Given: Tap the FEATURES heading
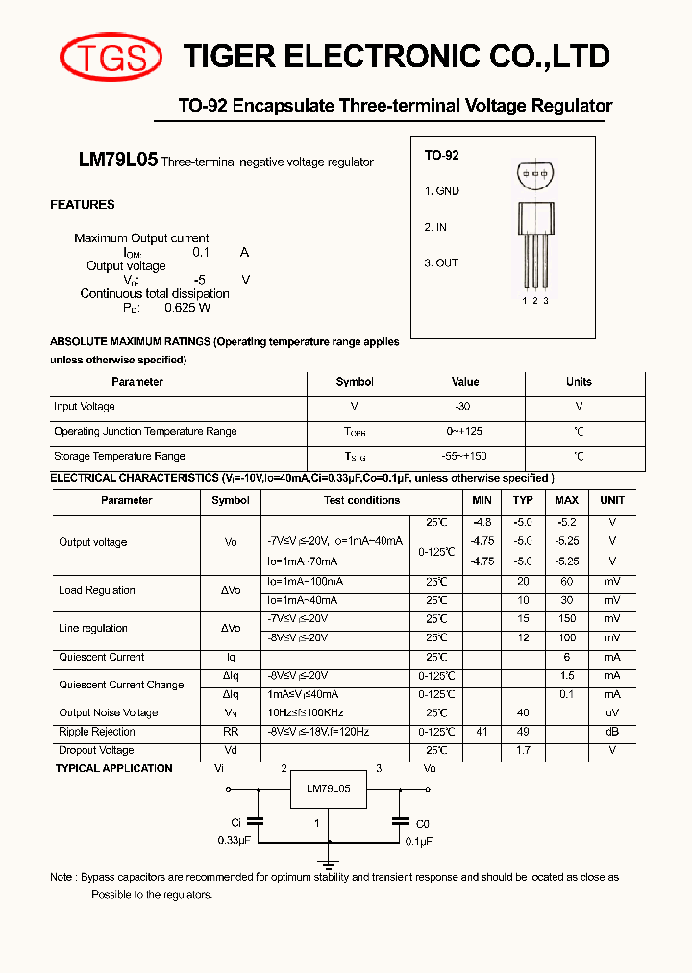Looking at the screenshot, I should pos(83,205).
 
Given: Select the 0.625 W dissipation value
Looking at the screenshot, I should pos(187,308).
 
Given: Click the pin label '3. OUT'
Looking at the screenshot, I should pos(441,262).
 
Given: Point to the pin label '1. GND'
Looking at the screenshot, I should pos(441,190).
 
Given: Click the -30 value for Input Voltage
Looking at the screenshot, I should pos(463,407).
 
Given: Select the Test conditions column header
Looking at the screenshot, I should pos(361,500).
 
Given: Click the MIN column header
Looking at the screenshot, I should pos(482,500).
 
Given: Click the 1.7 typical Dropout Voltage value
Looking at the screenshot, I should pos(523,750).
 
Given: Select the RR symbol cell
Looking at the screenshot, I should pos(231,732).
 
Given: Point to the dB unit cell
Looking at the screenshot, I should pos(611,732).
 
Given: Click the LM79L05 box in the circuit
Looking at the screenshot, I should pos(329,788).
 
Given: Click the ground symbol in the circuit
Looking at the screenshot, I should pos(329,862).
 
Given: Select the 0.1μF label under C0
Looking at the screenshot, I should pos(418,840).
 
